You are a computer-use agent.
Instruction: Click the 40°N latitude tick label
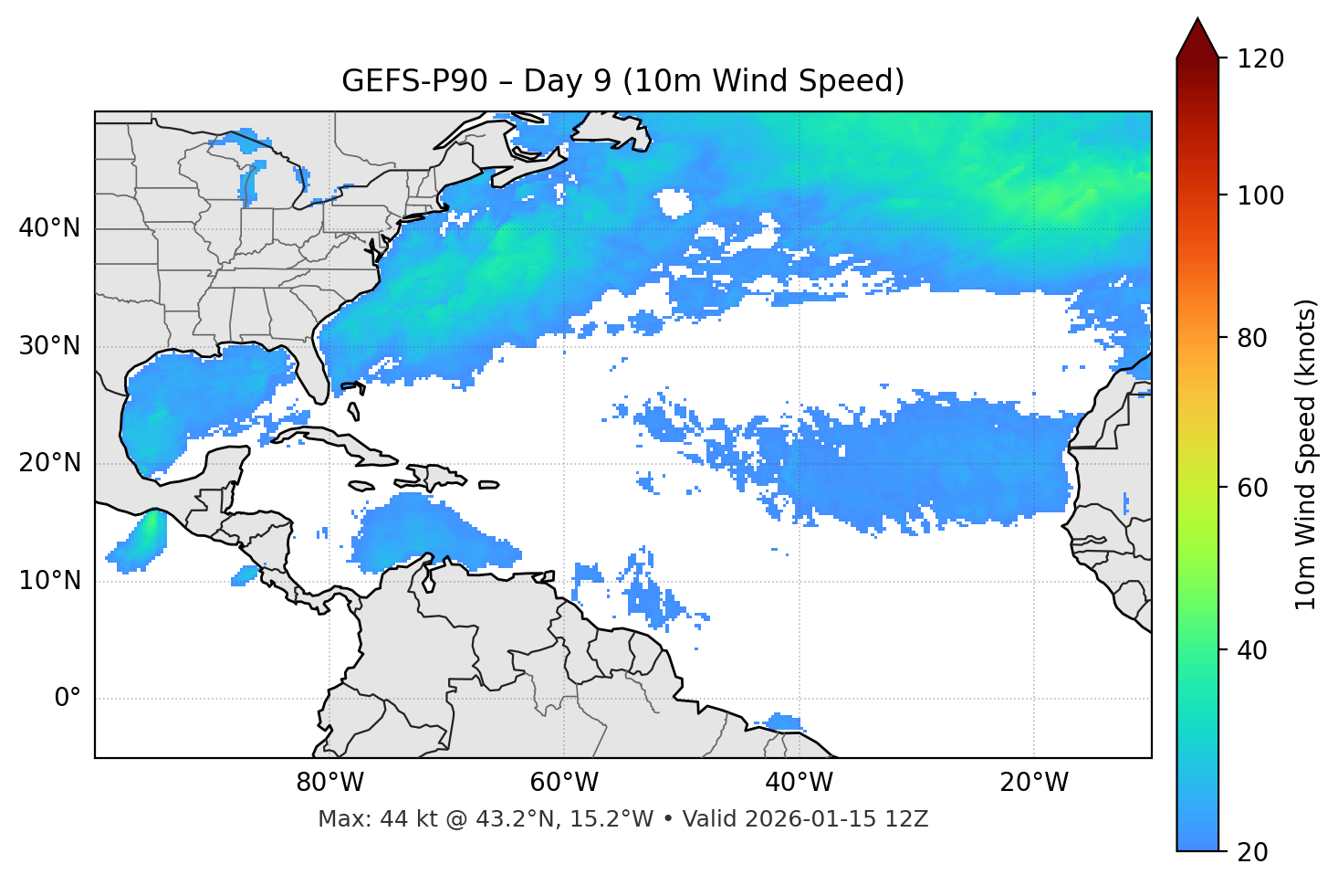coord(49,228)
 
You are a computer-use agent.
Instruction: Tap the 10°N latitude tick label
coord(49,581)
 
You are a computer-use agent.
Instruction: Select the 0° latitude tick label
coord(68,699)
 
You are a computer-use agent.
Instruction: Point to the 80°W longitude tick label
coord(329,783)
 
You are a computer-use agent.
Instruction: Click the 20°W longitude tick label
coord(1034,783)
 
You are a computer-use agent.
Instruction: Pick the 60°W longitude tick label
coord(564,783)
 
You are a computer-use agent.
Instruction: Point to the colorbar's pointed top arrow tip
coord(1197,18)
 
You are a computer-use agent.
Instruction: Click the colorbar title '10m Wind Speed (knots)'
coord(1306,454)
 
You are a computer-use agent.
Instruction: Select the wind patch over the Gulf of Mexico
coord(201,393)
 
